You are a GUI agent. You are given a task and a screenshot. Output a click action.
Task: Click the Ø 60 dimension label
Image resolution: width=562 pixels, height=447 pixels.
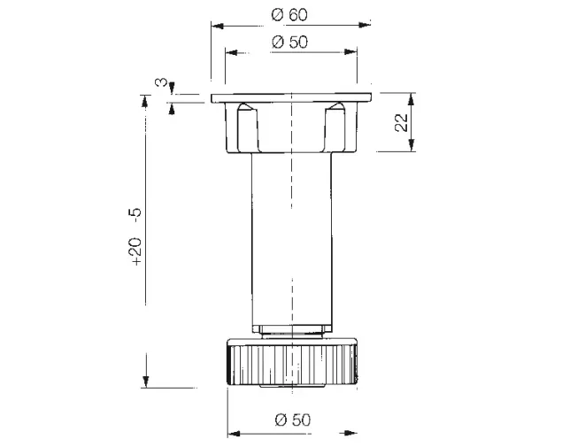click(x=289, y=15)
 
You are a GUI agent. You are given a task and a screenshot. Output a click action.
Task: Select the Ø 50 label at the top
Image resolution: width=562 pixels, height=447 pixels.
click(x=289, y=42)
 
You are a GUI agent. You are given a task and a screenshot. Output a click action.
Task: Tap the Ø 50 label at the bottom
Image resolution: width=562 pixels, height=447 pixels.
click(x=292, y=420)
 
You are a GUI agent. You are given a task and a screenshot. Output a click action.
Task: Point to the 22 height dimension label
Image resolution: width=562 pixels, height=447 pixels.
click(x=402, y=123)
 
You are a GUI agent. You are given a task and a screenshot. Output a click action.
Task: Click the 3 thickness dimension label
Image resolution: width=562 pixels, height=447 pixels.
click(x=161, y=83)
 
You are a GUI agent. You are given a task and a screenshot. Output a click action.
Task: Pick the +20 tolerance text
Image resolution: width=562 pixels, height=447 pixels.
click(x=136, y=250)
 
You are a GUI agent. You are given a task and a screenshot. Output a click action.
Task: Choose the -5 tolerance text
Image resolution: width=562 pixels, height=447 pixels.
click(x=136, y=215)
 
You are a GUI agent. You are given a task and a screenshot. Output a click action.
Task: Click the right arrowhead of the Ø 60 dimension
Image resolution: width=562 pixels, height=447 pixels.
click(x=365, y=25)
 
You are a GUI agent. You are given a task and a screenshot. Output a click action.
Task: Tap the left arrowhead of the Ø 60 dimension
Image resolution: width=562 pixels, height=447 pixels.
click(x=218, y=26)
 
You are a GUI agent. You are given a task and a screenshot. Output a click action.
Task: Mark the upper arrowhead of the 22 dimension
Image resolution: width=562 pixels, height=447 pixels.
click(x=412, y=99)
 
